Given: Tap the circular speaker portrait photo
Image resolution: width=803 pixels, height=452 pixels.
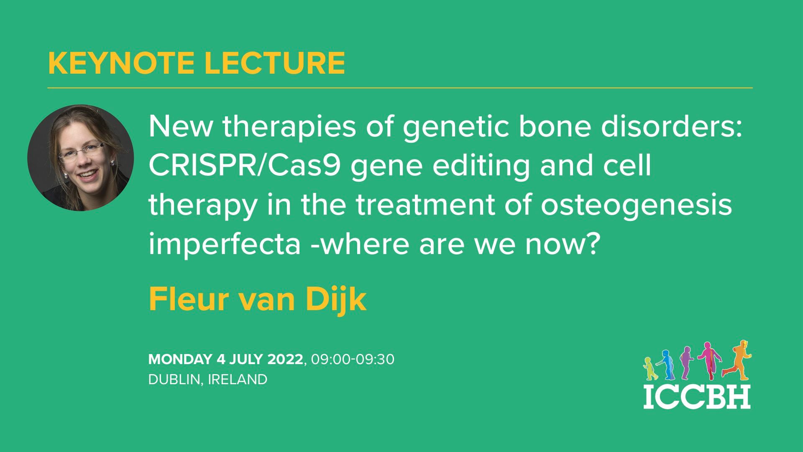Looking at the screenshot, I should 81,158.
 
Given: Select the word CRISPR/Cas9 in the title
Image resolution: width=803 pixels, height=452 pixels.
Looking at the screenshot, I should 244,166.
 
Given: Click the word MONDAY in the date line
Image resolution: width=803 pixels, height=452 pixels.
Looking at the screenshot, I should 180,360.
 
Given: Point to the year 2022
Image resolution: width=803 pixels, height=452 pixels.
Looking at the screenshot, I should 285,360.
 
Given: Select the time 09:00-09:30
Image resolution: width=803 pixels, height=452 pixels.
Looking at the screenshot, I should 352,360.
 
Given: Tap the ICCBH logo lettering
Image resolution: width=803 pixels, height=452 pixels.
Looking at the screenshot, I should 696,396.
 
